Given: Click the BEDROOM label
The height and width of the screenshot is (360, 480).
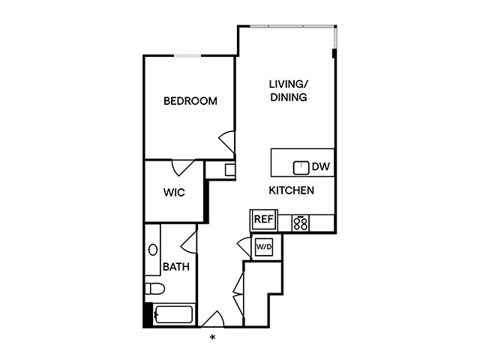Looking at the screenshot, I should click(190, 101).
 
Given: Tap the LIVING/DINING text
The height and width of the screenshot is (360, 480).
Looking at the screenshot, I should click(289, 91).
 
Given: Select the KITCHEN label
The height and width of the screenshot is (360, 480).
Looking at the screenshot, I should click(291, 190).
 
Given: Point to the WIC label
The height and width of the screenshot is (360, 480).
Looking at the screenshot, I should click(174, 192).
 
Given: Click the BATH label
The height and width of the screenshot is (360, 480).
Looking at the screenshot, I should click(175, 265).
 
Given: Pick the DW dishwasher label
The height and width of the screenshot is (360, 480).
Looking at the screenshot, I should click(321, 166).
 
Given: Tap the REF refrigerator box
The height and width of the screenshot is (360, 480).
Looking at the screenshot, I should click(262, 220).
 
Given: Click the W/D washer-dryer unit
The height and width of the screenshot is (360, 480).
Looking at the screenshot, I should click(263, 247).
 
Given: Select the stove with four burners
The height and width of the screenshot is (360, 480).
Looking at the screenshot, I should click(301, 222).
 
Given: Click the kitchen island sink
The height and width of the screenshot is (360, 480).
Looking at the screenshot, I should click(301, 166).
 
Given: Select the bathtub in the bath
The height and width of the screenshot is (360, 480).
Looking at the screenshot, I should click(172, 316).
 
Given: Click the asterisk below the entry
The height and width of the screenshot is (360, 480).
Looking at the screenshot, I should click(213, 337).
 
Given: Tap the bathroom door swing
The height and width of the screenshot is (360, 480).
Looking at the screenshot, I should click(187, 241).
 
